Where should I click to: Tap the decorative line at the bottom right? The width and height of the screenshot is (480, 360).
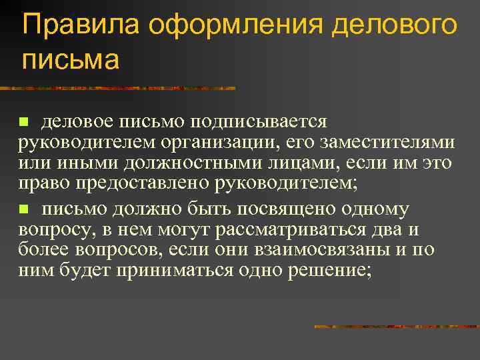coord(397,327)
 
